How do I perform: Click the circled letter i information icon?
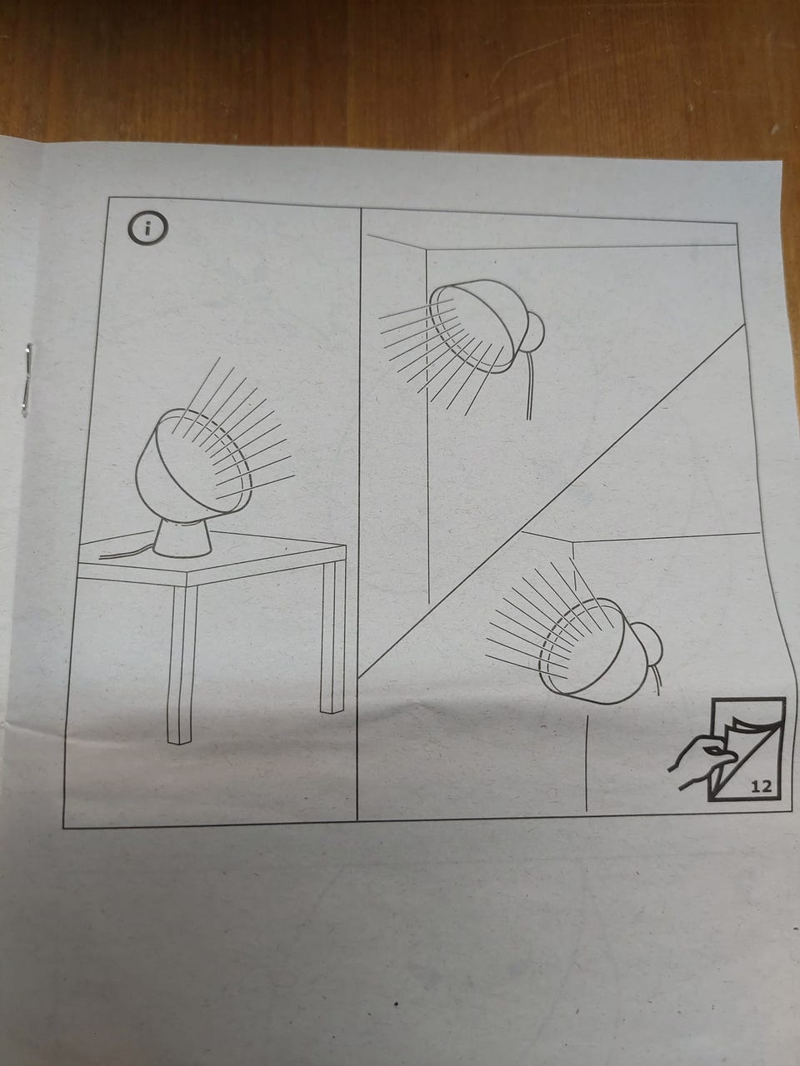pyautogui.click(x=148, y=227)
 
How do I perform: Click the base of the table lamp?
pyautogui.click(x=182, y=538)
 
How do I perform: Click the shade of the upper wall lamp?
pyautogui.click(x=481, y=325)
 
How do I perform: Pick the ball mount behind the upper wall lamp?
pyautogui.click(x=533, y=331)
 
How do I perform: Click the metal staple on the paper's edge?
pyautogui.click(x=27, y=379)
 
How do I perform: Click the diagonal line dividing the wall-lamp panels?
pyautogui.click(x=552, y=501)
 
